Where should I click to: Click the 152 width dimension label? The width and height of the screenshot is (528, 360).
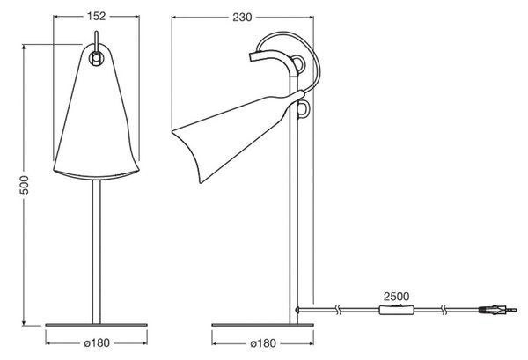tap(96, 16)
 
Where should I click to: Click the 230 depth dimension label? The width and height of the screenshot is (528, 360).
tap(242, 18)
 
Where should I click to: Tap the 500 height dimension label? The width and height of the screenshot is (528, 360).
tap(25, 185)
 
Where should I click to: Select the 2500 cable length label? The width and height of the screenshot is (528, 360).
tap(396, 297)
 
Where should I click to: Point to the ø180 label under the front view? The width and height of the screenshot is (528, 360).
tap(97, 342)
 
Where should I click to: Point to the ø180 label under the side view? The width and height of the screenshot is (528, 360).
tap(263, 343)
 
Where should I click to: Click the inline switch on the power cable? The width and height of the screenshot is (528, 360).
tap(396, 310)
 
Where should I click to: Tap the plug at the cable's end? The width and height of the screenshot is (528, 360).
tap(497, 310)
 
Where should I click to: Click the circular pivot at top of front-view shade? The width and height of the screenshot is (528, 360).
tap(96, 58)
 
